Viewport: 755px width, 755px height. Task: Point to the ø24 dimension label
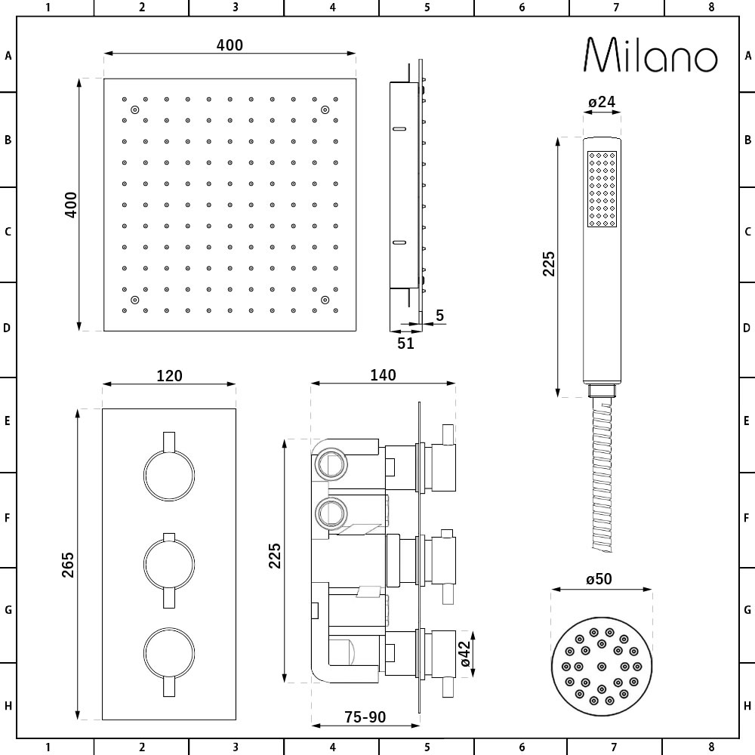(x=601, y=102)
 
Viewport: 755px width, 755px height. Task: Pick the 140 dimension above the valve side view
(x=383, y=375)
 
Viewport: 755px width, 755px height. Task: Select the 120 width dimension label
(x=169, y=375)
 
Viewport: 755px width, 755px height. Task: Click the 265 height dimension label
(x=67, y=565)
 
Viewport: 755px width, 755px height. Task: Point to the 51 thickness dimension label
(x=405, y=343)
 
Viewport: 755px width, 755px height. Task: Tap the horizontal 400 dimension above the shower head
(x=230, y=45)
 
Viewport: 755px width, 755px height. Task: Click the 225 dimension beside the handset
(x=549, y=264)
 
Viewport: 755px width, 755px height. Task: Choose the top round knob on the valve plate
(x=169, y=475)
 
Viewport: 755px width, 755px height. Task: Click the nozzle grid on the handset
(x=602, y=189)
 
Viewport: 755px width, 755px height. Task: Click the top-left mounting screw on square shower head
(x=134, y=110)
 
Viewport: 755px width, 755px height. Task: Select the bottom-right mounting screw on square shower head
(x=325, y=300)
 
